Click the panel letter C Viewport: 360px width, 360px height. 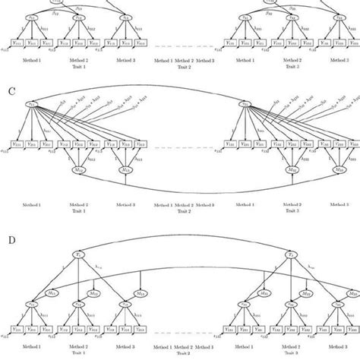(11, 90)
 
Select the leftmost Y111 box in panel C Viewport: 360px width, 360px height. (17, 142)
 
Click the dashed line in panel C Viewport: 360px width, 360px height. (182, 146)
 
